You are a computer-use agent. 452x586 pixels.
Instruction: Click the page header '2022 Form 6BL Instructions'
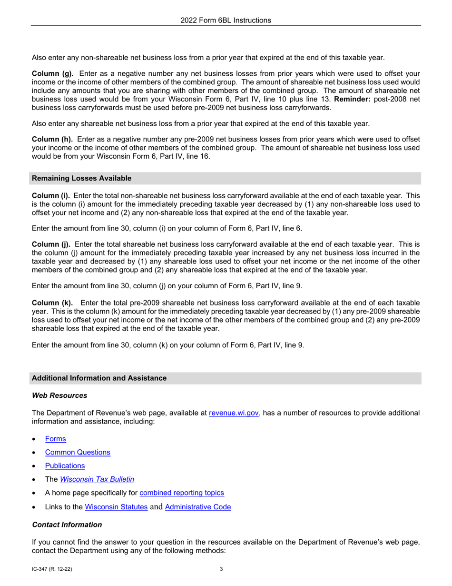[x=226, y=20]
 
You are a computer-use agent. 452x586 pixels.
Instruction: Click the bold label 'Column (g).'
[x=52, y=74]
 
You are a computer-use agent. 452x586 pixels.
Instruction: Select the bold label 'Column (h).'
[x=52, y=139]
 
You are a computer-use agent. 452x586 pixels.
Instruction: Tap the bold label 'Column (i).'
[x=51, y=196]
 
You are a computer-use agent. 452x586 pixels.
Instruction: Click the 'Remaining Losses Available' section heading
[x=81, y=178]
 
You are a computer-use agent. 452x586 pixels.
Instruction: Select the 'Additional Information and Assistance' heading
[x=99, y=378]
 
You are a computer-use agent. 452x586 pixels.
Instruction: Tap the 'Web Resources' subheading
[x=59, y=395]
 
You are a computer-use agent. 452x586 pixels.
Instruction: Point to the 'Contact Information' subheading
[x=67, y=525]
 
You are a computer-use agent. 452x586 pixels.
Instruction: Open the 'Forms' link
[x=56, y=439]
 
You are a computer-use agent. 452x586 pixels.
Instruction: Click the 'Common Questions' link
[x=78, y=452]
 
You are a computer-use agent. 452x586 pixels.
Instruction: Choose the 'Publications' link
[x=65, y=465]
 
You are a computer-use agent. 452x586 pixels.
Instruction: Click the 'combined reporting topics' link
[x=182, y=493]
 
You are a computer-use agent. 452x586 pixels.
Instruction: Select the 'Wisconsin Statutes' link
[x=116, y=507]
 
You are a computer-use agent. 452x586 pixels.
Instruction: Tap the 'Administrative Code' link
[x=198, y=507]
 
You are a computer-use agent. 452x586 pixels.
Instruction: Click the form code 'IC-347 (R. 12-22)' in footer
[x=52, y=569]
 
